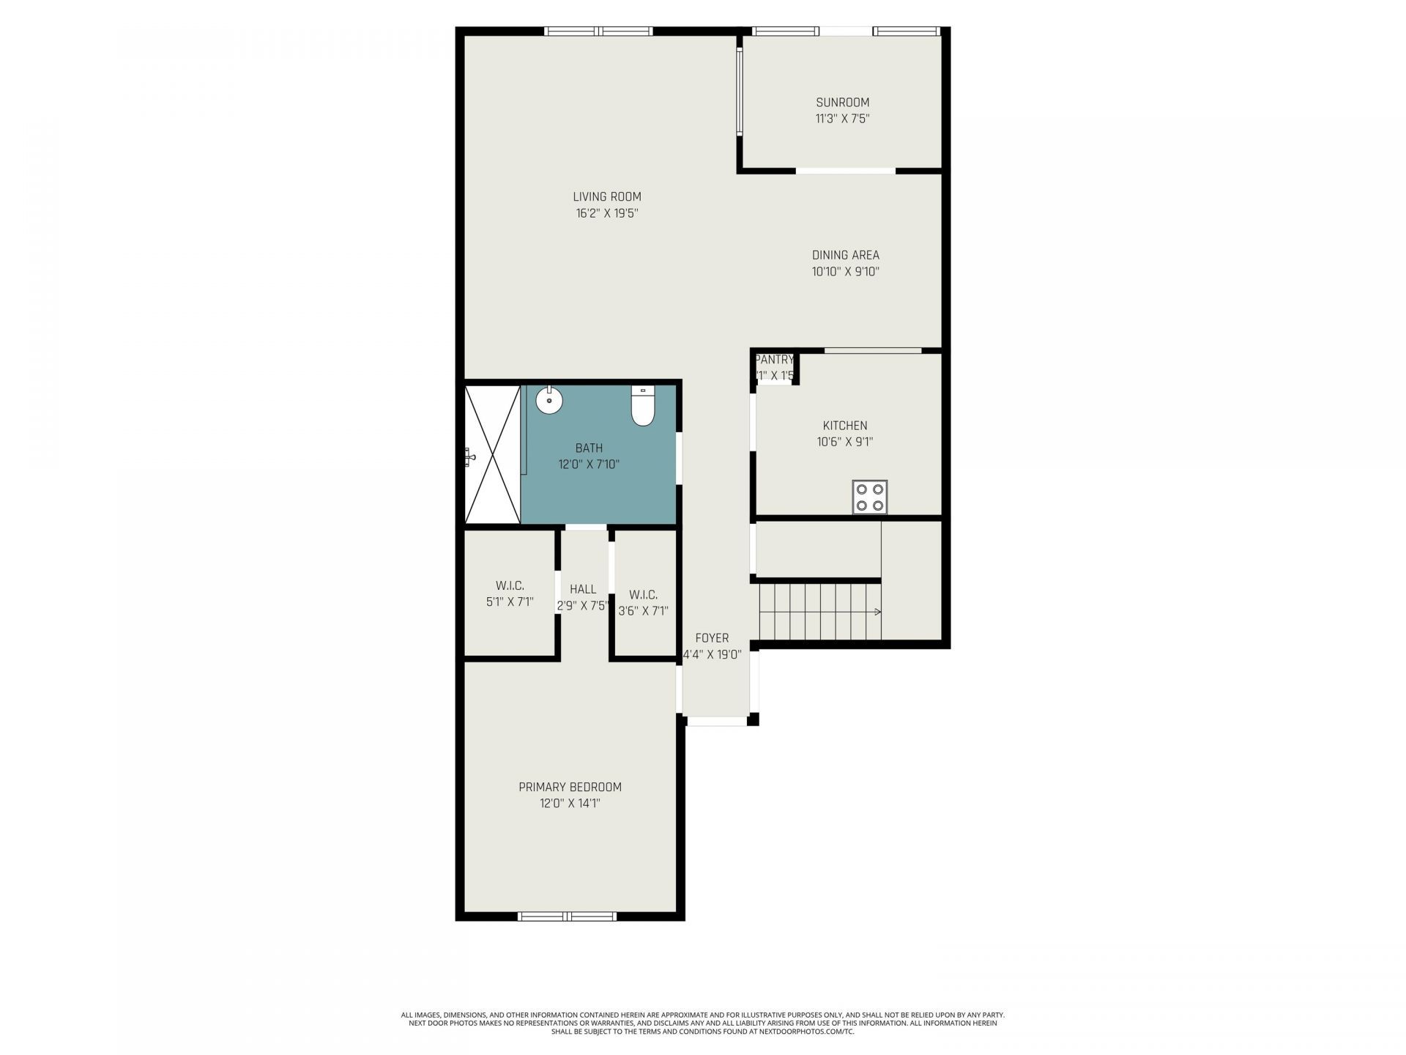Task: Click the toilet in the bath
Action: (x=642, y=407)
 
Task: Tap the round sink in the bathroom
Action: (x=549, y=401)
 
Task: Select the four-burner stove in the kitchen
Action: (x=870, y=497)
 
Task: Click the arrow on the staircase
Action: (x=877, y=612)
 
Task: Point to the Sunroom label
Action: (x=843, y=103)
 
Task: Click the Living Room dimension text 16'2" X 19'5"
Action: (x=607, y=214)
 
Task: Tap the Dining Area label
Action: (x=845, y=255)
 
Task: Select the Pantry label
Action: (x=774, y=360)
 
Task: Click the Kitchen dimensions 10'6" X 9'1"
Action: (x=845, y=442)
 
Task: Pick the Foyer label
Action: (x=712, y=638)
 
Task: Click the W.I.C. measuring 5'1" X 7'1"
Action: (x=510, y=594)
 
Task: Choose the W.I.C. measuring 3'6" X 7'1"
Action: (x=643, y=603)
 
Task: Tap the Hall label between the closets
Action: (x=583, y=589)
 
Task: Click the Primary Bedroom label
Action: (x=570, y=787)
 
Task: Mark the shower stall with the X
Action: (x=492, y=455)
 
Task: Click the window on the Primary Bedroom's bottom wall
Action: (x=568, y=916)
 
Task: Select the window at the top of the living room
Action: (x=598, y=32)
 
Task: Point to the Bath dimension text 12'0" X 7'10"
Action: (x=589, y=464)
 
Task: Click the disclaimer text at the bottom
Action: (x=703, y=1023)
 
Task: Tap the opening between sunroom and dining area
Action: (x=845, y=171)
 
